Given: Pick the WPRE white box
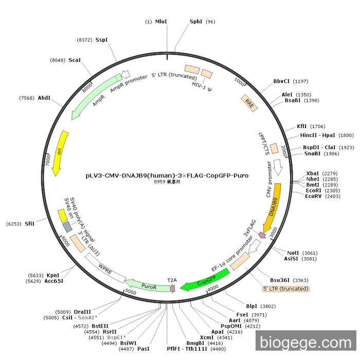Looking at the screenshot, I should point(105,268).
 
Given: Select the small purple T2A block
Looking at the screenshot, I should point(172,288).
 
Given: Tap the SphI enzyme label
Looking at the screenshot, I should point(196,22).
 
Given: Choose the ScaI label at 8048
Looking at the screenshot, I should point(75,60).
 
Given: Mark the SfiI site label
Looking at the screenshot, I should point(29,224).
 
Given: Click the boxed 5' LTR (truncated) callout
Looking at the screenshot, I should point(286,289).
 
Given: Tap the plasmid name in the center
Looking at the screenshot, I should point(167,175).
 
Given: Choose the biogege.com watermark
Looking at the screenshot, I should point(305,341).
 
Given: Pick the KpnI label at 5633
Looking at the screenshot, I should point(53,275).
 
